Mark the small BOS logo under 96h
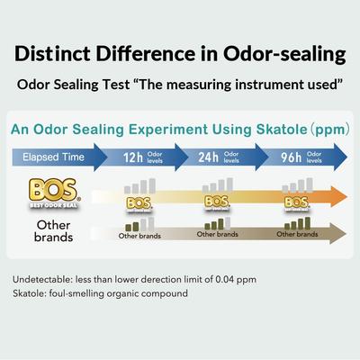click(297, 203)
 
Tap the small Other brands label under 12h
click(139, 236)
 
